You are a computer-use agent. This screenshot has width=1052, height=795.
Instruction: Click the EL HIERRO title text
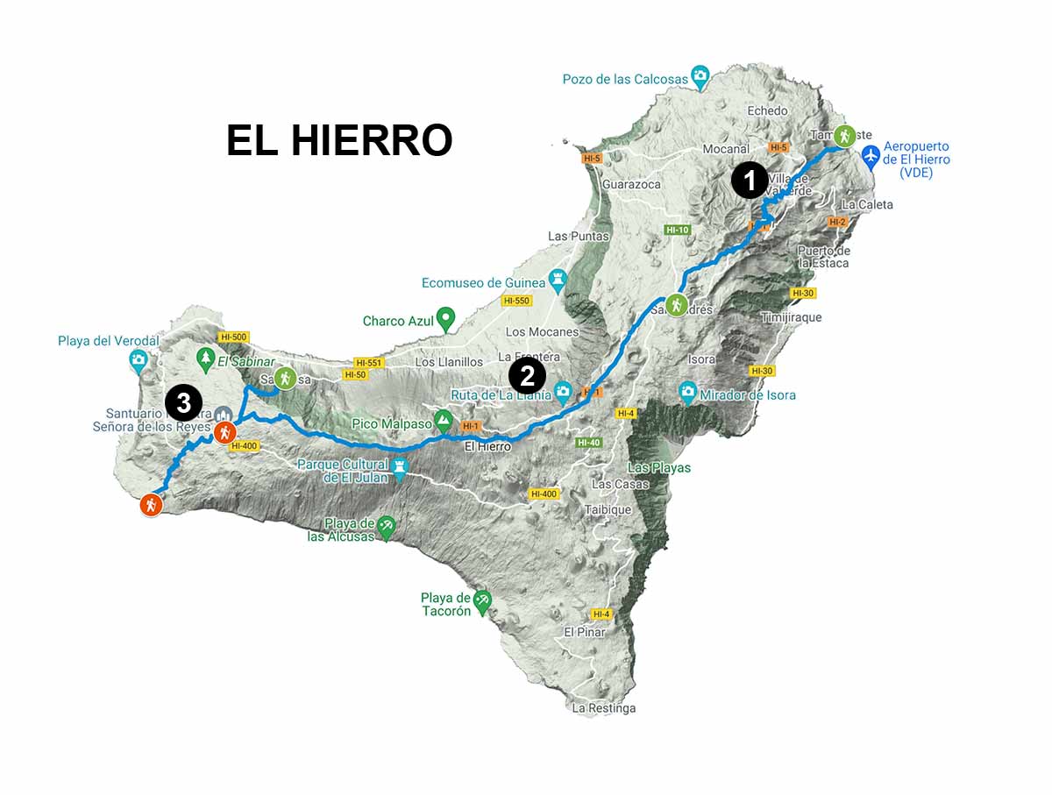pyautogui.click(x=339, y=140)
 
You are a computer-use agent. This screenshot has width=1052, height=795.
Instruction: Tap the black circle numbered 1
pyautogui.click(x=750, y=181)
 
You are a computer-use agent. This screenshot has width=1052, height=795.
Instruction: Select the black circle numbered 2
pyautogui.click(x=527, y=377)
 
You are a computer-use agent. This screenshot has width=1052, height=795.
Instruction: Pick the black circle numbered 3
pyautogui.click(x=184, y=403)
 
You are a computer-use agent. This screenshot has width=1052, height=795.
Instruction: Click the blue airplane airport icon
pyautogui.click(x=871, y=158)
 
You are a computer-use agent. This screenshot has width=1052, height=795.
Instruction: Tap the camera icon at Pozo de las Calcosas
pyautogui.click(x=700, y=76)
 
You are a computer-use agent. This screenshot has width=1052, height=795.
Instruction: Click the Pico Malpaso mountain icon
pyautogui.click(x=443, y=421)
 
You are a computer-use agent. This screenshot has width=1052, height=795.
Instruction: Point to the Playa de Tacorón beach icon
pyautogui.click(x=482, y=601)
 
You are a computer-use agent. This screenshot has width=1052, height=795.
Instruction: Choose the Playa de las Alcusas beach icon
pyautogui.click(x=386, y=527)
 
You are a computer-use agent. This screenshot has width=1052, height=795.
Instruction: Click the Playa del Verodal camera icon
pyautogui.click(x=139, y=359)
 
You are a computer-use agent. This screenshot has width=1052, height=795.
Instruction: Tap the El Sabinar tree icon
pyautogui.click(x=206, y=358)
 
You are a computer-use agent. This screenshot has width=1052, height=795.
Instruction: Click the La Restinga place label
pyautogui.click(x=603, y=708)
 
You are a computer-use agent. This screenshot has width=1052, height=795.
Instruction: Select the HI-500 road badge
pyautogui.click(x=234, y=337)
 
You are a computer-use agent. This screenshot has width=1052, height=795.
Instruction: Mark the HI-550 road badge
pyautogui.click(x=516, y=301)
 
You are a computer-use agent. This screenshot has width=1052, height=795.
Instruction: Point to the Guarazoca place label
pyautogui.click(x=630, y=185)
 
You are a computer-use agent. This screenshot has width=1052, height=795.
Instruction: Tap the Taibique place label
pyautogui.click(x=609, y=509)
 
